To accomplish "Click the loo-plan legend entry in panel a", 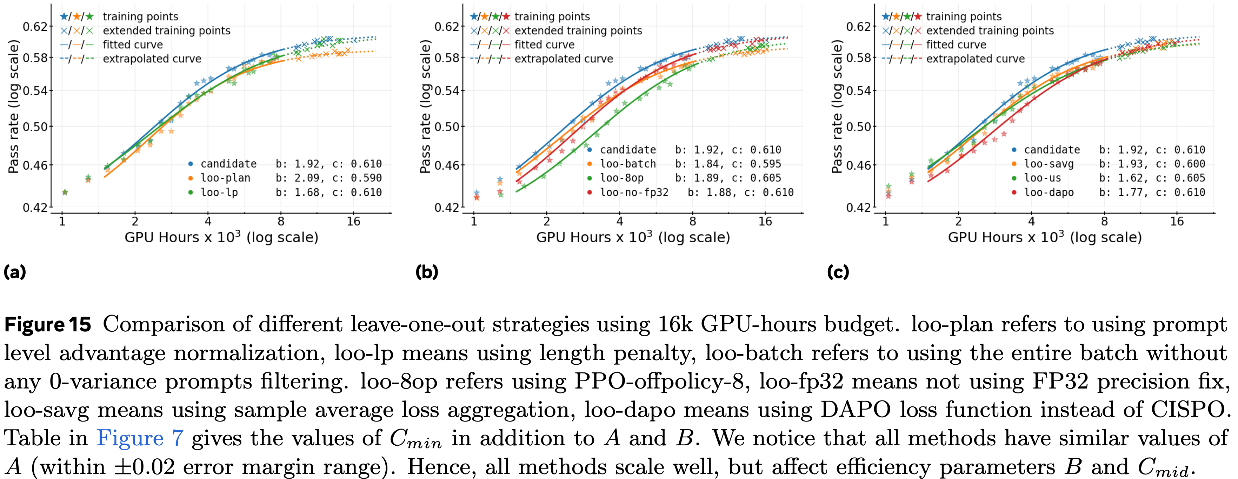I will (225, 178).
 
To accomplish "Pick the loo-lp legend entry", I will (219, 193).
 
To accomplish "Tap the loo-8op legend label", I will (621, 178).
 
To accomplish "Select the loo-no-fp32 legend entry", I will (634, 193).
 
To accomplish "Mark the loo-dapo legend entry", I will (1048, 193).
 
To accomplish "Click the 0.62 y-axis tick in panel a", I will (35, 26).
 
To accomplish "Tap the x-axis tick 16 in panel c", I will (1177, 222).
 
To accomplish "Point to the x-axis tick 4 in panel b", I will (619, 222).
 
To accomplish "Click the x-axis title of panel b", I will (633, 237).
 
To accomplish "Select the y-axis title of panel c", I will (837, 107).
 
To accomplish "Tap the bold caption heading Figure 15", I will (48, 325).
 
